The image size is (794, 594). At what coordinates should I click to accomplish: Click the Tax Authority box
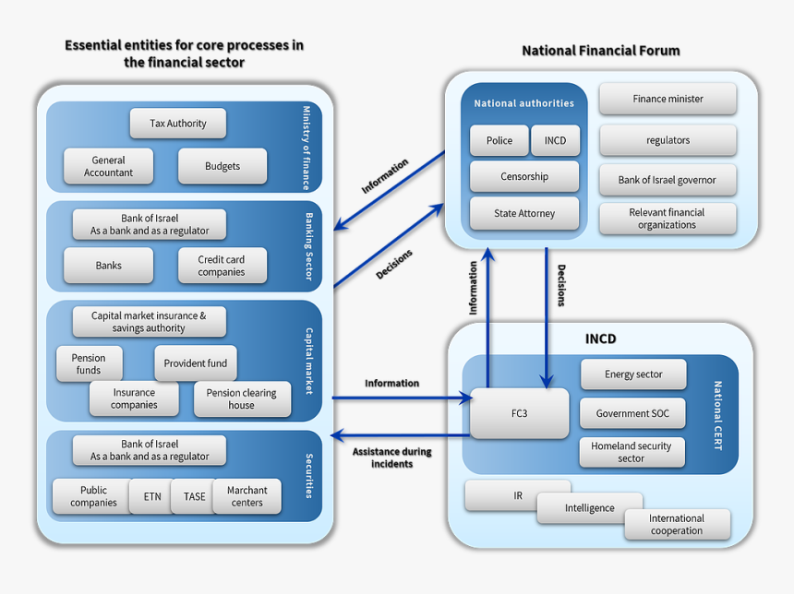[x=177, y=124]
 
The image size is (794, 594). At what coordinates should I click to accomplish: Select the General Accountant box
[x=108, y=167]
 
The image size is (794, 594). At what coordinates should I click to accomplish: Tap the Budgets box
[x=223, y=167]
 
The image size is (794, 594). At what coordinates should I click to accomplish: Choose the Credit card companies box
[x=222, y=266]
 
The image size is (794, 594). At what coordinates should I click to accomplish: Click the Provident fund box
[x=196, y=363]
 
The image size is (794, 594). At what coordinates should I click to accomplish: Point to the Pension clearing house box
[x=242, y=398]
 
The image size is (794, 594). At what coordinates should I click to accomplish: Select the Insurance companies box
[x=134, y=398]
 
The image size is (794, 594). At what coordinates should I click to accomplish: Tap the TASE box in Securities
[x=195, y=496]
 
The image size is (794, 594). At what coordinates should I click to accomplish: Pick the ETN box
[x=152, y=496]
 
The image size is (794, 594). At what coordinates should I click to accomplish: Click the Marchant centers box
[x=247, y=496]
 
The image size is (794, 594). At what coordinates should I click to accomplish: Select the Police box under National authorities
[x=499, y=141]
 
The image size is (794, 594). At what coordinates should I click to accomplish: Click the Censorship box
[x=524, y=177]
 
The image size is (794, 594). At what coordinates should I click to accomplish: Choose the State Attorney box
[x=524, y=213]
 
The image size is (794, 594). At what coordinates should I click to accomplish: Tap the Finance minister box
[x=668, y=99]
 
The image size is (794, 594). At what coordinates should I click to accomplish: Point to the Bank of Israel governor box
[x=668, y=180]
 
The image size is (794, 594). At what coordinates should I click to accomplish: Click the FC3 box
[x=520, y=413]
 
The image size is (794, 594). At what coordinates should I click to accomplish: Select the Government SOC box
[x=633, y=413]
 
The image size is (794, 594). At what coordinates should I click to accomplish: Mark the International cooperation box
[x=677, y=525]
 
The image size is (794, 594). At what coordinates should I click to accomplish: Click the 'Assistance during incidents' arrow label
[x=391, y=457]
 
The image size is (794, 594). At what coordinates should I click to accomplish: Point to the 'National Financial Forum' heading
[x=601, y=51]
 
